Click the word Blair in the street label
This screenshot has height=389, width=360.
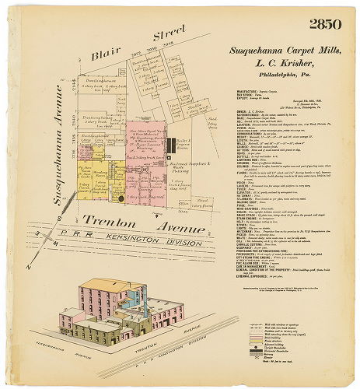click(104, 56)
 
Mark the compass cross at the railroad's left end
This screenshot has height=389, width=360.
click(30, 247)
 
